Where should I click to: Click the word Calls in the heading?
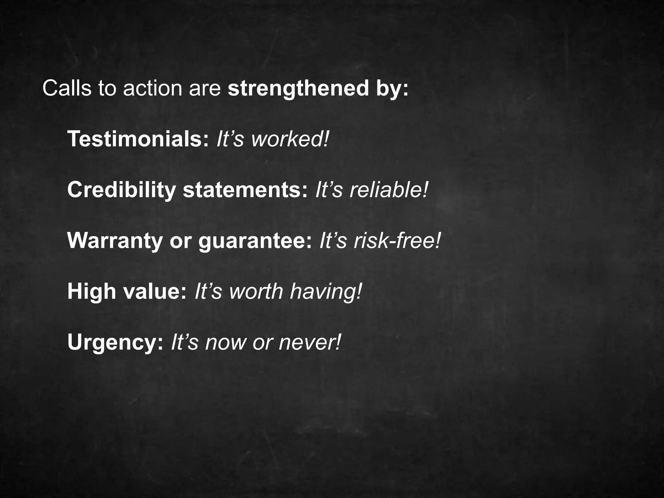[67, 88]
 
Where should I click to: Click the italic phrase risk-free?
[397, 241]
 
